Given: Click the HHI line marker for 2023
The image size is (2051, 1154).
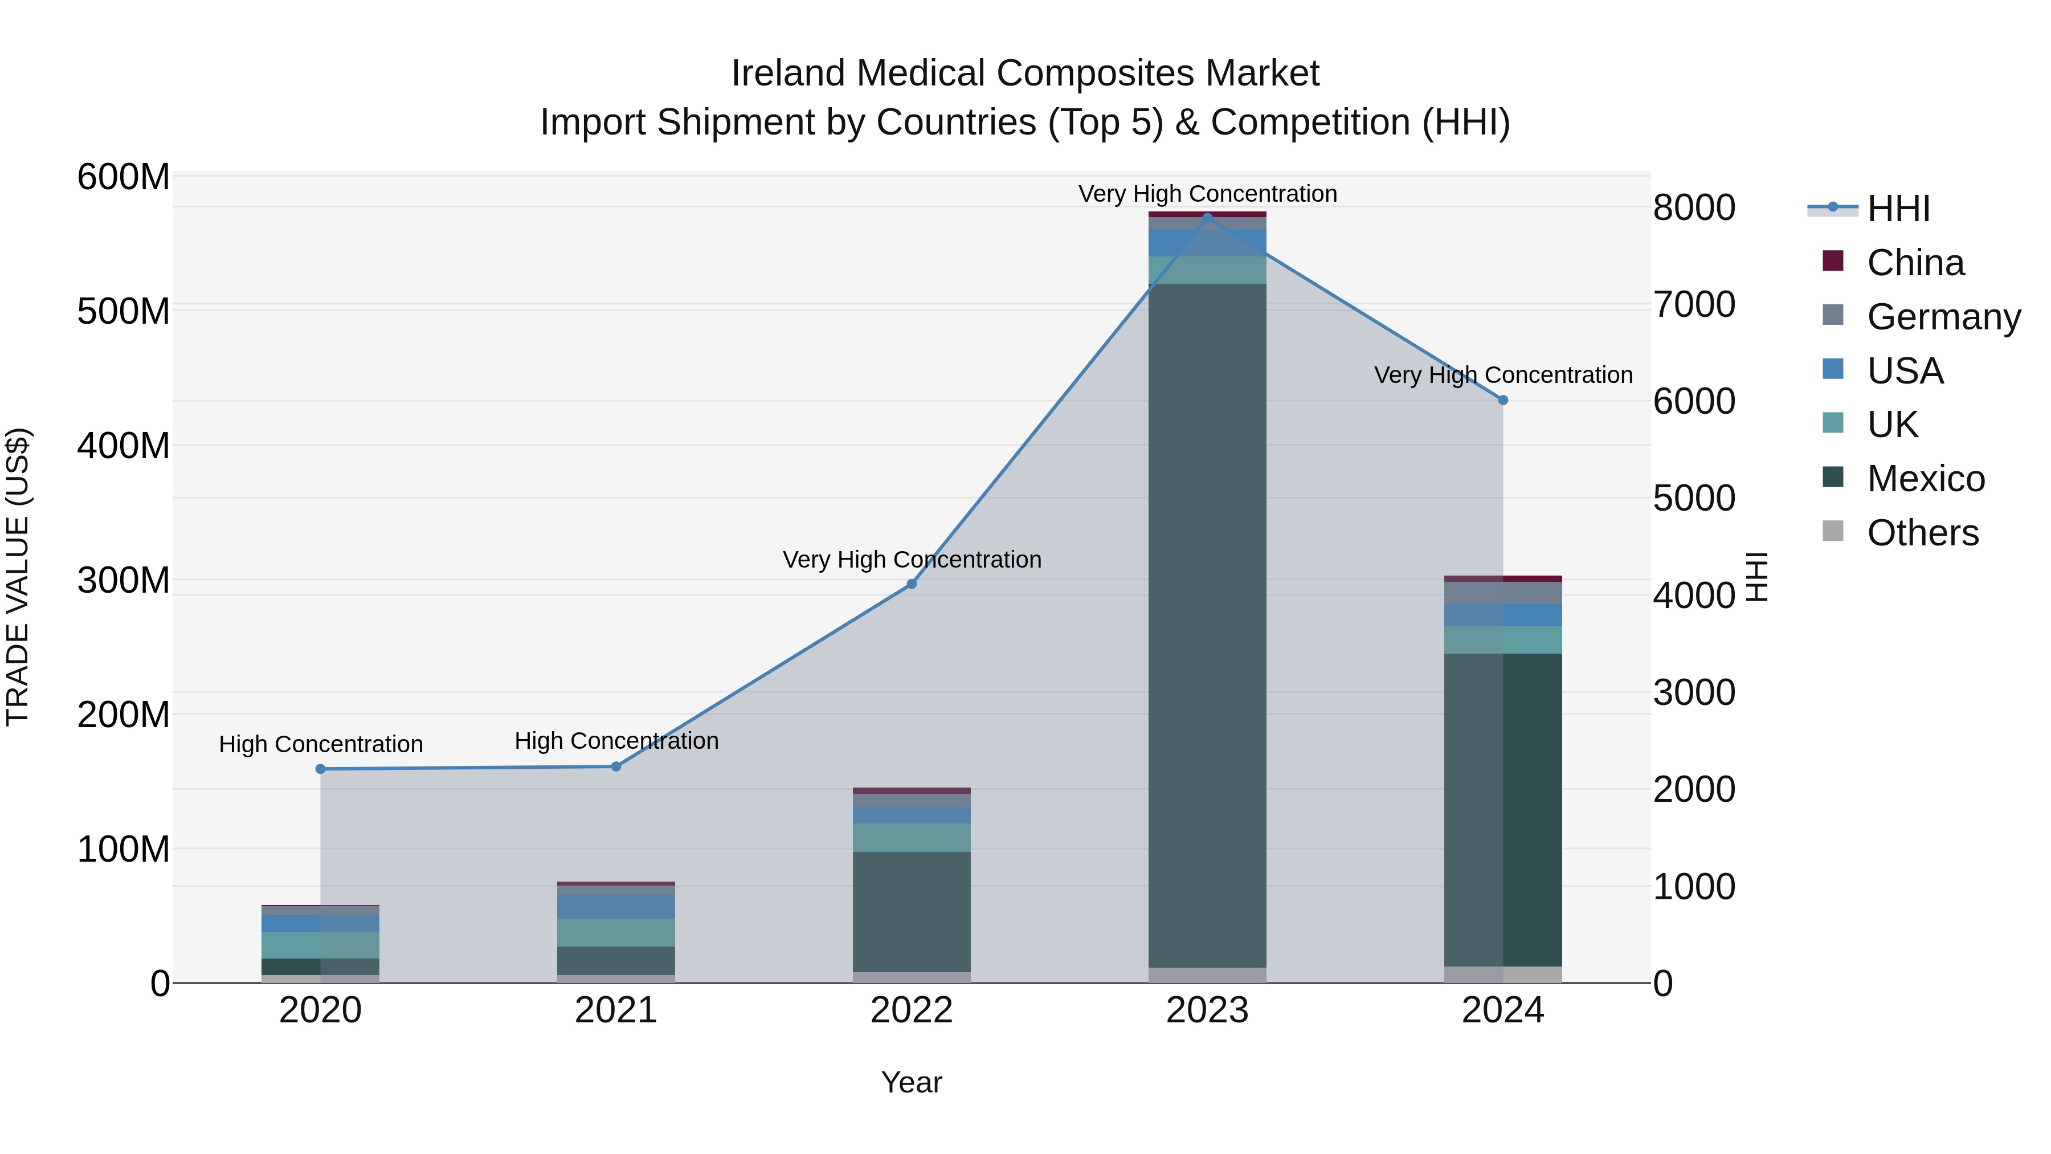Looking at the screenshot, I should click(1207, 217).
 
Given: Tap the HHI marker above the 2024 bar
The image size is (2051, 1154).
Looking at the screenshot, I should click(1502, 400).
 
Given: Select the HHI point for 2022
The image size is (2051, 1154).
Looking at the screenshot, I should click(912, 584).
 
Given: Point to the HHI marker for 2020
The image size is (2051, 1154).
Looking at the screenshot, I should click(320, 769).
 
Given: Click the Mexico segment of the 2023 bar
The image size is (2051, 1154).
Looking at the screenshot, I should click(1207, 625).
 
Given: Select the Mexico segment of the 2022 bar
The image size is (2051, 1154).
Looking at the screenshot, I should click(912, 911).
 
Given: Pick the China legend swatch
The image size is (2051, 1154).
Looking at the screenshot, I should click(1833, 261).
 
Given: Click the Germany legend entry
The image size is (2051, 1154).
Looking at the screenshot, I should click(1943, 317).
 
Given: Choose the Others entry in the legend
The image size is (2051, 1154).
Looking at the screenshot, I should click(1922, 533).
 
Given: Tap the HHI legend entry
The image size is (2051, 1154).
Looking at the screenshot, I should click(1898, 209).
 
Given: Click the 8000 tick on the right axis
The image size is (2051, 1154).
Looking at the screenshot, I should click(1694, 208).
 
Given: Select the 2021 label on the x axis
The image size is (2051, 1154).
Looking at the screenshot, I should click(615, 1010).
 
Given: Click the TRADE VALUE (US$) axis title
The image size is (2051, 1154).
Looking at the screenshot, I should click(18, 577).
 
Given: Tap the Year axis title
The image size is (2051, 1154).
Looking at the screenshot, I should click(912, 1082).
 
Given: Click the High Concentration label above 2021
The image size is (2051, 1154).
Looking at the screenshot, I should click(616, 741).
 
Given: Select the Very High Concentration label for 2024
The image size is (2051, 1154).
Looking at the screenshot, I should click(1502, 374).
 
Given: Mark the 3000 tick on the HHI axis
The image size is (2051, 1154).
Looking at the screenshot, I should click(1694, 692).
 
